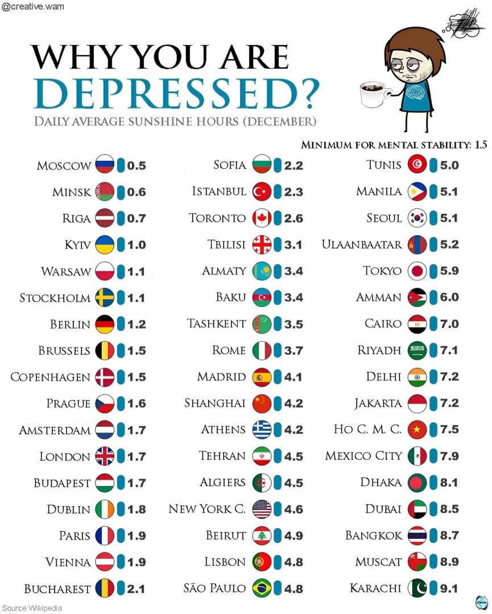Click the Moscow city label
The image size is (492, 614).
(64, 165)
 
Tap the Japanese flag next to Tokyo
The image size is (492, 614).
(417, 271)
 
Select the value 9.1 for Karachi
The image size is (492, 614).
(449, 588)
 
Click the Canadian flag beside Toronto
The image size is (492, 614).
(261, 218)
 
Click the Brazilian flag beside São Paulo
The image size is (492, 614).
(261, 588)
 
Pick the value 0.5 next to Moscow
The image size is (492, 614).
(137, 165)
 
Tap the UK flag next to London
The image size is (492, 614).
(105, 456)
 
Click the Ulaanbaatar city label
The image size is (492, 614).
(362, 244)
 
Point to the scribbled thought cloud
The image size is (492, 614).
(464, 24)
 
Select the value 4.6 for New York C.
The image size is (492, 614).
(293, 509)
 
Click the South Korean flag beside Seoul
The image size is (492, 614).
(417, 218)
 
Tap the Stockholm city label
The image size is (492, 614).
(55, 298)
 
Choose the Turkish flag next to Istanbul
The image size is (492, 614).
(261, 192)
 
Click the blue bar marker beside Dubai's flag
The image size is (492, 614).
(433, 509)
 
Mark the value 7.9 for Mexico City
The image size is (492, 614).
(449, 456)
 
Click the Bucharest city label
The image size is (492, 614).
(57, 588)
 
